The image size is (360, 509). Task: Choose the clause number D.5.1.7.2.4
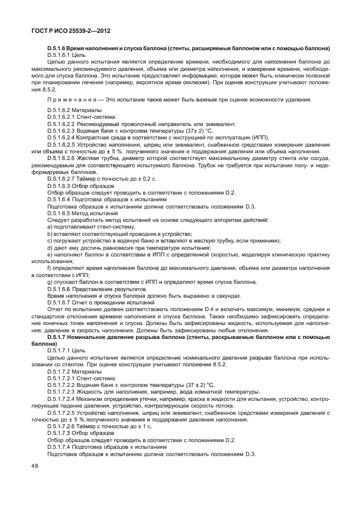point(65,399)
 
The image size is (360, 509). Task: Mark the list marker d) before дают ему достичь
point(51,247)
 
